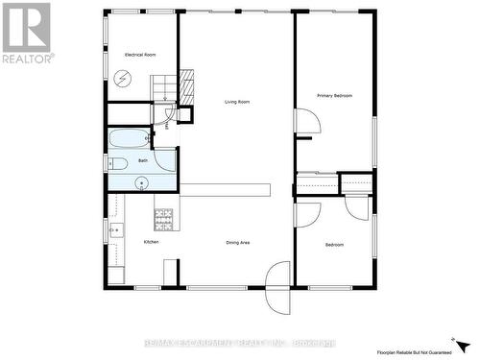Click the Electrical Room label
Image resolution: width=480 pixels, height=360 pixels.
click(x=140, y=55)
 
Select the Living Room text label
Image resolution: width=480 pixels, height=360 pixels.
click(x=237, y=102)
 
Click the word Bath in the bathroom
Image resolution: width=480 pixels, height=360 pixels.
click(x=143, y=160)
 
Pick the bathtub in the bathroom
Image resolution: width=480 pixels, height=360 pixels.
click(x=127, y=138)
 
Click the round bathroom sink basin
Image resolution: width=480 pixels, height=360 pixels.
click(x=142, y=180)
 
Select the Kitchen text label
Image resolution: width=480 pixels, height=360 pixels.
click(x=152, y=242)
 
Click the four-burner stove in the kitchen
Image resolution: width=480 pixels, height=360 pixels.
click(x=163, y=220)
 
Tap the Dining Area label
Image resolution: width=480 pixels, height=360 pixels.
click(x=238, y=242)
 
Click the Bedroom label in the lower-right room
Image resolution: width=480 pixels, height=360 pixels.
click(x=334, y=245)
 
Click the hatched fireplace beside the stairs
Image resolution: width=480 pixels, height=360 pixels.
click(x=186, y=87)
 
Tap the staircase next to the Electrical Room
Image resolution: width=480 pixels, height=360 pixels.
click(x=164, y=87)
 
